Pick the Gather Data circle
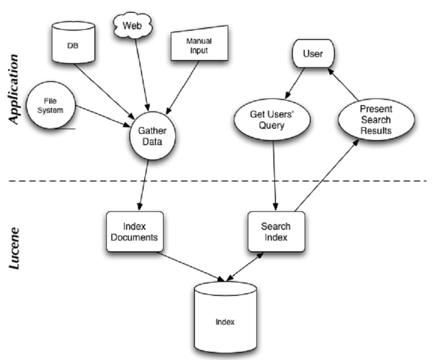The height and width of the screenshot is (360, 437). [x=152, y=135]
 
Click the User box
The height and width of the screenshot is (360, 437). [x=312, y=54]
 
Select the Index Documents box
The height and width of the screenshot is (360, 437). [x=135, y=232]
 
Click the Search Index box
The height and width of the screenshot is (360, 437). [x=275, y=232]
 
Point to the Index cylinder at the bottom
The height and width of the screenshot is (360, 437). [x=225, y=321]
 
